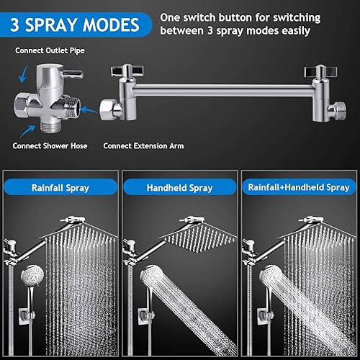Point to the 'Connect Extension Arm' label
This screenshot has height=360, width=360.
[143, 145]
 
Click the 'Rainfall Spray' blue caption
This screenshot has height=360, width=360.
[59, 188]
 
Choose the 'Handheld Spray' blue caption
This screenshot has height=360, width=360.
[179, 188]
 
